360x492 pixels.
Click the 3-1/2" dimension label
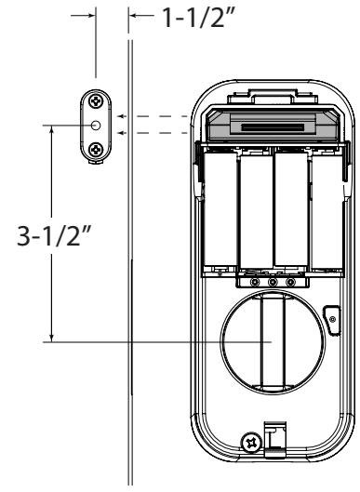(x=54, y=235)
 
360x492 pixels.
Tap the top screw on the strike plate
(x=96, y=101)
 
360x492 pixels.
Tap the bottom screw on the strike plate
(x=96, y=150)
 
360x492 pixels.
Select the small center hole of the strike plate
(x=96, y=126)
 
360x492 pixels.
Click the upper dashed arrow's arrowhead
(x=122, y=116)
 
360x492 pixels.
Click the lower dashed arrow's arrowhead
(x=122, y=133)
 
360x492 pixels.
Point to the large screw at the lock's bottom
(x=251, y=444)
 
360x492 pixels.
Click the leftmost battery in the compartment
(x=220, y=209)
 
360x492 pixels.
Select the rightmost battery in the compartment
(x=327, y=212)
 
